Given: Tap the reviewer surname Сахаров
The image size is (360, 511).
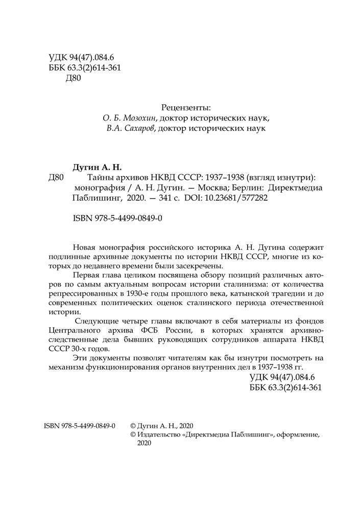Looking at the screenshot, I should point(139,128).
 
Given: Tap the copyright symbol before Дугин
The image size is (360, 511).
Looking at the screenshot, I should point(134,425).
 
